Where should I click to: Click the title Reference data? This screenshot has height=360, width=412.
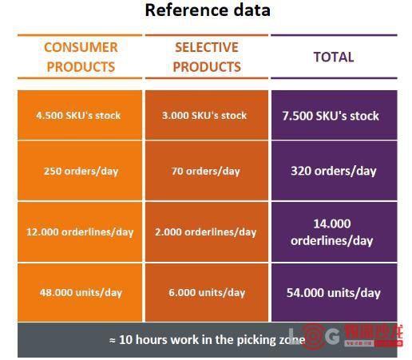pyautogui.click(x=208, y=10)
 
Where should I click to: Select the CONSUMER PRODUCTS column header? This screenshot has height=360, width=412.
pyautogui.click(x=81, y=57)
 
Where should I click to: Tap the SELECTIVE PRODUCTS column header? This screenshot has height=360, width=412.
pyautogui.click(x=207, y=57)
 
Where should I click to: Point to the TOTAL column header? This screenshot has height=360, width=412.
pyautogui.click(x=334, y=57)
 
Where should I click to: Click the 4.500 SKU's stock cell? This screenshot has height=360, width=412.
pyautogui.click(x=80, y=115)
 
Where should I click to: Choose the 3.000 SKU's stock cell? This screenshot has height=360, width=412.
pyautogui.click(x=207, y=115)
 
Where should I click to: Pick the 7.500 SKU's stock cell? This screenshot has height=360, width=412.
pyautogui.click(x=335, y=115)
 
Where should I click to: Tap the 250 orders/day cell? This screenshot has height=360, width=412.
pyautogui.click(x=80, y=171)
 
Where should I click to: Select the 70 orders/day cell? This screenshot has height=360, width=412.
pyautogui.click(x=207, y=171)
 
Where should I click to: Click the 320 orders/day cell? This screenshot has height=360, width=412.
pyautogui.click(x=335, y=171)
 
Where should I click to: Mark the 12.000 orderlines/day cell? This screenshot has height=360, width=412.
pyautogui.click(x=80, y=231)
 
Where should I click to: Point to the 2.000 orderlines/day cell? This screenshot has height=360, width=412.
pyautogui.click(x=207, y=231)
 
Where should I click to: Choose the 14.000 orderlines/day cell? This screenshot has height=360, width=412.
pyautogui.click(x=335, y=231)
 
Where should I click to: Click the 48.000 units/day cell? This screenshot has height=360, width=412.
pyautogui.click(x=80, y=292)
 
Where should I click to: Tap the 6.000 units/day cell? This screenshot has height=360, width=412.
pyautogui.click(x=207, y=292)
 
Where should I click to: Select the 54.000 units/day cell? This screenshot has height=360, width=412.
pyautogui.click(x=335, y=292)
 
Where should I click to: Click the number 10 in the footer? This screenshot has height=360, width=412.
pyautogui.click(x=125, y=340)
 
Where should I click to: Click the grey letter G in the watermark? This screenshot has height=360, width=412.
pyautogui.click(x=333, y=336)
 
